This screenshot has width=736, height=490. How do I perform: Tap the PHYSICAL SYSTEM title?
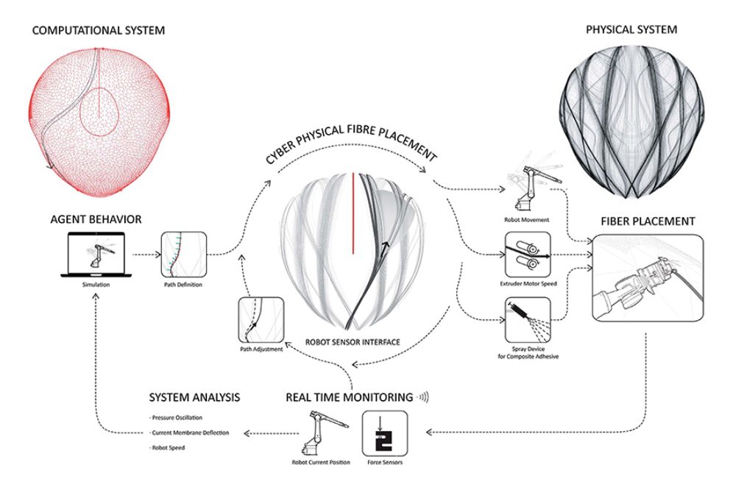point(631,30)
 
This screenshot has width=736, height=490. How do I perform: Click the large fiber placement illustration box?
point(648,278)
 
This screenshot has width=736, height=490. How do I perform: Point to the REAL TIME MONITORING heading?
point(349,397)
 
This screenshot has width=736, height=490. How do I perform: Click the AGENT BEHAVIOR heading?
point(96,219)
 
